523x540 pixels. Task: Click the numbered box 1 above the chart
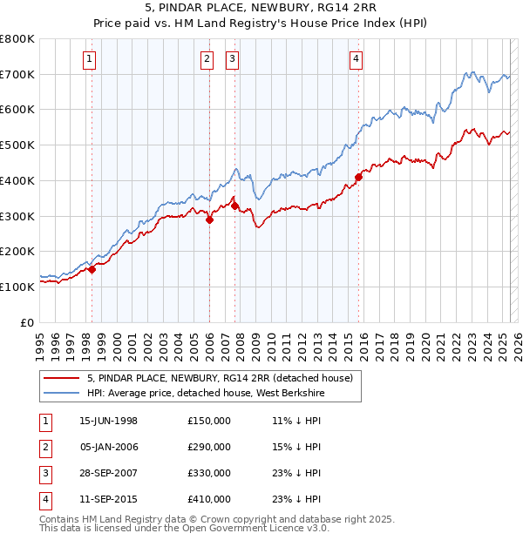[91, 59]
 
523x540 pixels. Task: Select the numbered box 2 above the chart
[207, 59]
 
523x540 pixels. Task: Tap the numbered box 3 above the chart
[233, 59]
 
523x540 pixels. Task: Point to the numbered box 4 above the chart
[357, 59]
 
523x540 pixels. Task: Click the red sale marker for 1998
[92, 269]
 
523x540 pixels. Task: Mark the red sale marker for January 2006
[209, 220]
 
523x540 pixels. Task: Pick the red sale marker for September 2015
[358, 177]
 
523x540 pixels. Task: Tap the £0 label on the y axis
[28, 322]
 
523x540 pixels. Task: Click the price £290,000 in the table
[208, 447]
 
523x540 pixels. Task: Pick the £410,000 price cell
[208, 499]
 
